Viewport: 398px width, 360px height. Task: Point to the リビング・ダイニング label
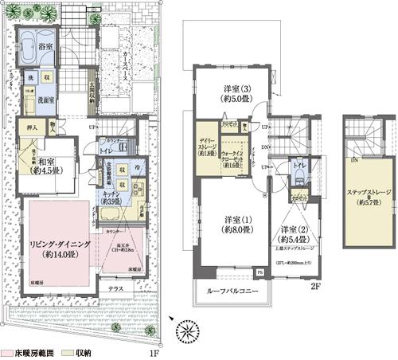58,239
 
